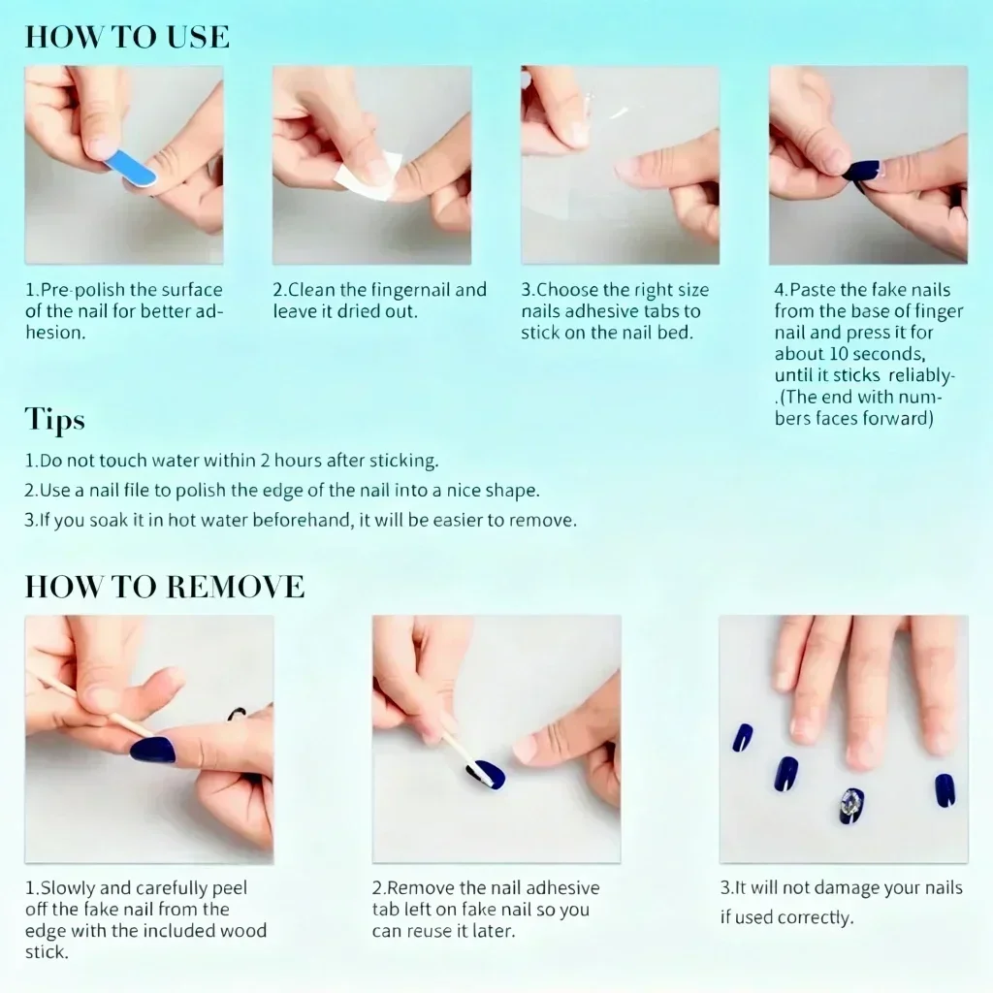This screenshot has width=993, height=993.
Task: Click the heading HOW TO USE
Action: tap(127, 37)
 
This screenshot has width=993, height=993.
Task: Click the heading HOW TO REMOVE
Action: tap(165, 587)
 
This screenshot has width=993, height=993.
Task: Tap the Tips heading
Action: tap(54, 419)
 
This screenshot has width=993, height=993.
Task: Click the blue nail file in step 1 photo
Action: tap(130, 167)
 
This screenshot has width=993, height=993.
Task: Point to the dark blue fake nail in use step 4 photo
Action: tap(861, 172)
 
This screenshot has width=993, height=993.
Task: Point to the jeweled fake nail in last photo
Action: tap(851, 805)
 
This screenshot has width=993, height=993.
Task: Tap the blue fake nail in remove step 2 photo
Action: tap(489, 774)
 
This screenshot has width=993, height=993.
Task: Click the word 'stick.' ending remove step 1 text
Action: tap(47, 952)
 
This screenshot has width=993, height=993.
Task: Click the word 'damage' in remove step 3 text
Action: tap(836, 889)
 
